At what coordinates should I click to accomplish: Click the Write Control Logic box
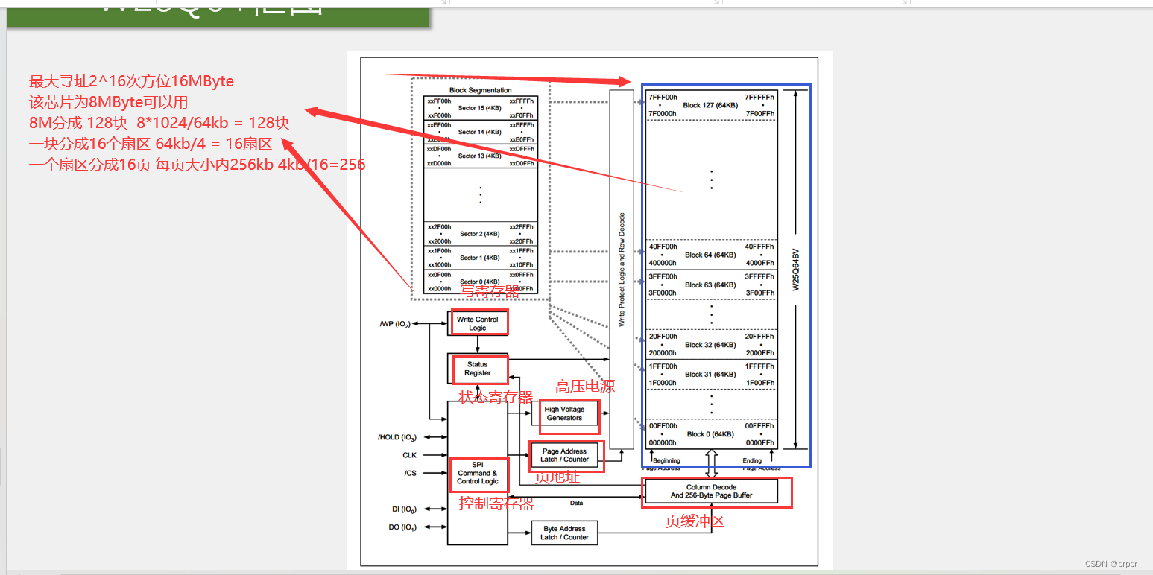[x=478, y=323]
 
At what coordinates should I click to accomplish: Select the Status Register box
[x=478, y=369]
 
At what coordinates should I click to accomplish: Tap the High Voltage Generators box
[x=565, y=413]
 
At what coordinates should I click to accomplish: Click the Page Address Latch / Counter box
[x=565, y=455]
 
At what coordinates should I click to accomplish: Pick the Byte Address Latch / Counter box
[x=564, y=533]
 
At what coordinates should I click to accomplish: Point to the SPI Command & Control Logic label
[x=478, y=473]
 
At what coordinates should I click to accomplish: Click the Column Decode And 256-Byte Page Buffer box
[x=711, y=492]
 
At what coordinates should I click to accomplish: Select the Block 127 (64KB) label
[x=710, y=105]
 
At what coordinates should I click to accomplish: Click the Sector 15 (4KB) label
[x=481, y=108]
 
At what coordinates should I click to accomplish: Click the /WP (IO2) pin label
[x=394, y=324]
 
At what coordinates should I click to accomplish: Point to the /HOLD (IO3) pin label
[x=397, y=437]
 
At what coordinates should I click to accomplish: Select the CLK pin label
[x=409, y=455]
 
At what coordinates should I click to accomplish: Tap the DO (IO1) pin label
[x=402, y=527]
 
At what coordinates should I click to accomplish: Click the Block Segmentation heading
[x=480, y=90]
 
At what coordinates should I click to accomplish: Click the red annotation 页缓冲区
[x=695, y=521]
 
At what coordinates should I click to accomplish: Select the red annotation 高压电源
[x=585, y=386]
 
